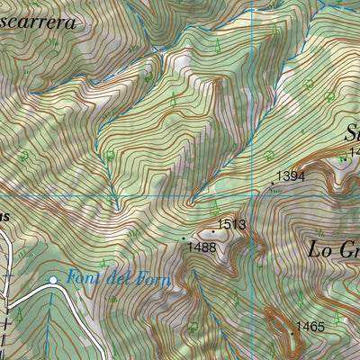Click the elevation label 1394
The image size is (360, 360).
290,176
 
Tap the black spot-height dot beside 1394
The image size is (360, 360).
273,184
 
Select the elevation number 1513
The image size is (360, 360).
231,225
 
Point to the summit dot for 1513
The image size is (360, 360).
213,231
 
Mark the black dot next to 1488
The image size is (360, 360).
184,238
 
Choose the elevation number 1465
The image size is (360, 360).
310,327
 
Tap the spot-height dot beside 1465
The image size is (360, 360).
292,333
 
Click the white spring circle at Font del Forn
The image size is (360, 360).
53,281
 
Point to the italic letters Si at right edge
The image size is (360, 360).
350,132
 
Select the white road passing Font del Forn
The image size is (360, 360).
27,292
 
